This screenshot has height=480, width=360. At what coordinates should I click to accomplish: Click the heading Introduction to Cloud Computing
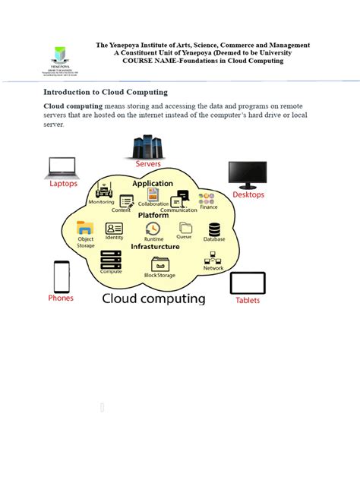(x=106, y=92)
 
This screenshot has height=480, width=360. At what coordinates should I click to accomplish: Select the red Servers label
(x=149, y=164)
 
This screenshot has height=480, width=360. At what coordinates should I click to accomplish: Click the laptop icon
(x=63, y=167)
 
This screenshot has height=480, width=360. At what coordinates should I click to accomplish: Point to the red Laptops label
(x=63, y=183)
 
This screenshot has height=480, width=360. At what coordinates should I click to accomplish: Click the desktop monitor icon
(x=248, y=174)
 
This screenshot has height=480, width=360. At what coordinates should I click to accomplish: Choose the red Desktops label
(x=248, y=194)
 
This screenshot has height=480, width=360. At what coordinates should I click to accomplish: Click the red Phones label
(x=61, y=298)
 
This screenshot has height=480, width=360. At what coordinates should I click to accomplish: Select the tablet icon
(x=248, y=283)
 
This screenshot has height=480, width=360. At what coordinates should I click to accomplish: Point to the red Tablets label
(x=248, y=300)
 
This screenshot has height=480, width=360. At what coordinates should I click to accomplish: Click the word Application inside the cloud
(x=153, y=184)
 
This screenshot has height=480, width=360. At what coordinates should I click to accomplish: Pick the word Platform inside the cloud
(x=153, y=216)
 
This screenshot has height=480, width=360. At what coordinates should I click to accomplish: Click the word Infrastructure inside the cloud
(x=155, y=247)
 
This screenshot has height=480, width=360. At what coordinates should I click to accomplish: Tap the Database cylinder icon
(x=214, y=229)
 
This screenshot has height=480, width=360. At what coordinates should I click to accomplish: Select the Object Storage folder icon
(x=85, y=228)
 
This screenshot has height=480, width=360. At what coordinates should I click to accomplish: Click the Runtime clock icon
(x=153, y=229)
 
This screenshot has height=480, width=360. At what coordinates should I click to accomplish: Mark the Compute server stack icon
(x=111, y=261)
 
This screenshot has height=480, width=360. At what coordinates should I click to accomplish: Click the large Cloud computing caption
(x=154, y=298)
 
